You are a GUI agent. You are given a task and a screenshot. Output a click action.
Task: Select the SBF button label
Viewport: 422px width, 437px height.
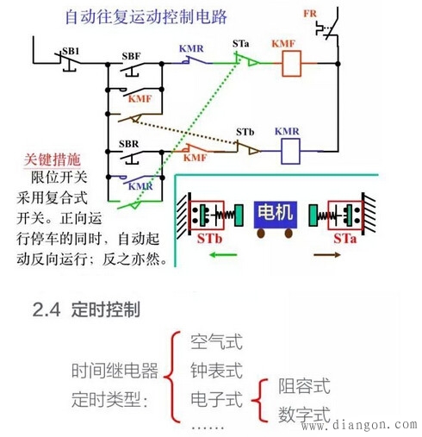(131, 56)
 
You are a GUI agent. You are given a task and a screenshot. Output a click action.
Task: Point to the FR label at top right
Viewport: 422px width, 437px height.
(310, 15)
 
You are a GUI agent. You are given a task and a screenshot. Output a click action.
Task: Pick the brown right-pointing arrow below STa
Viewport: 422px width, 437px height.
(347, 256)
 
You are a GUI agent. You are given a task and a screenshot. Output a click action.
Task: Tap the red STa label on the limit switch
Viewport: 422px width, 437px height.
(347, 234)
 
